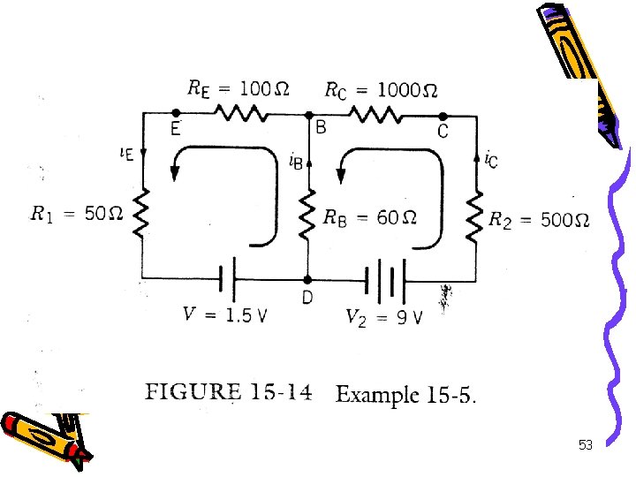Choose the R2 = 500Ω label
click(539, 219)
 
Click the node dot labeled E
click(177, 114)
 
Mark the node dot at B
click(308, 115)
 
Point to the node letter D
click(307, 298)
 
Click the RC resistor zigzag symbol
click(375, 115)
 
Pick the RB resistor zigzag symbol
click(308, 215)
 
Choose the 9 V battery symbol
click(385, 277)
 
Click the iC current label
click(491, 159)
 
